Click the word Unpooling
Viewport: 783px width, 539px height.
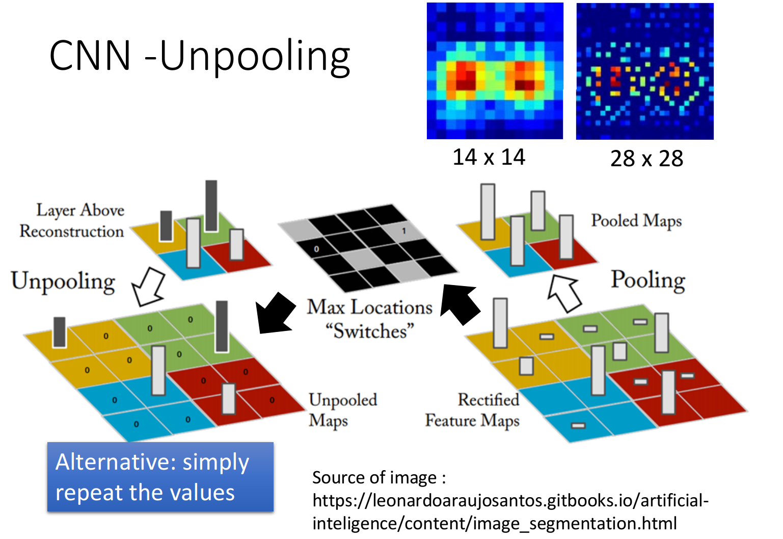point(63,281)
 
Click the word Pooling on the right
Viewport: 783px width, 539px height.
point(648,280)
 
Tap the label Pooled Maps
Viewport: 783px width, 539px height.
point(636,221)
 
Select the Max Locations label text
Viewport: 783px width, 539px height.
point(369,307)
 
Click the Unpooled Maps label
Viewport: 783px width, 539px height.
point(343,410)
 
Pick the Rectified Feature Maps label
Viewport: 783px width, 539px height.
point(473,410)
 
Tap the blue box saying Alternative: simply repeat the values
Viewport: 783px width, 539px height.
point(160,477)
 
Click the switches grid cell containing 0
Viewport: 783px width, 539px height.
point(316,249)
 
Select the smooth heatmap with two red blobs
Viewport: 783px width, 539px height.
point(495,71)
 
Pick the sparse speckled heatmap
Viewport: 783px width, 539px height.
point(644,71)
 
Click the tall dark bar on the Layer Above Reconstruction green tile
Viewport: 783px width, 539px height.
point(211,206)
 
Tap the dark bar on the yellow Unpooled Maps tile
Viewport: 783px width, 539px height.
point(60,332)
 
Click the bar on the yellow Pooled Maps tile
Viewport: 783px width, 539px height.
point(488,212)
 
